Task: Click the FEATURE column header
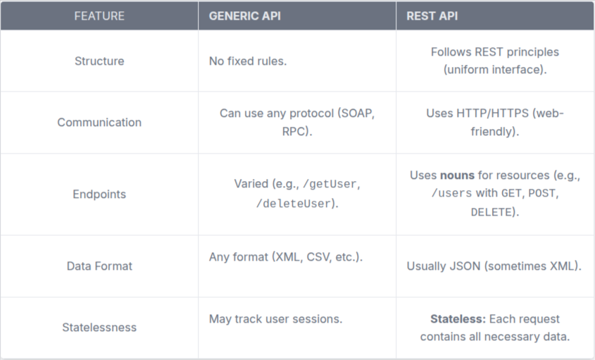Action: point(99,15)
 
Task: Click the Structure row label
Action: point(99,61)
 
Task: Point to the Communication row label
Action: point(99,123)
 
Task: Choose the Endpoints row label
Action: point(99,194)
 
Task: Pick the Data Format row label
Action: point(99,266)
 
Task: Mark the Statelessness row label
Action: point(99,328)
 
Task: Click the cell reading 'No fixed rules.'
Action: point(248,61)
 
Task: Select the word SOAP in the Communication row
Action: point(358,113)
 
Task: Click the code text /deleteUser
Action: point(294,204)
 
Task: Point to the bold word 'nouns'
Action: point(458,175)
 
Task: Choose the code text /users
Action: point(451,194)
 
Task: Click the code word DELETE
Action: point(489,212)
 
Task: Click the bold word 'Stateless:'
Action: point(458,318)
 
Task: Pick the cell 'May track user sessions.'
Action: point(275,319)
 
